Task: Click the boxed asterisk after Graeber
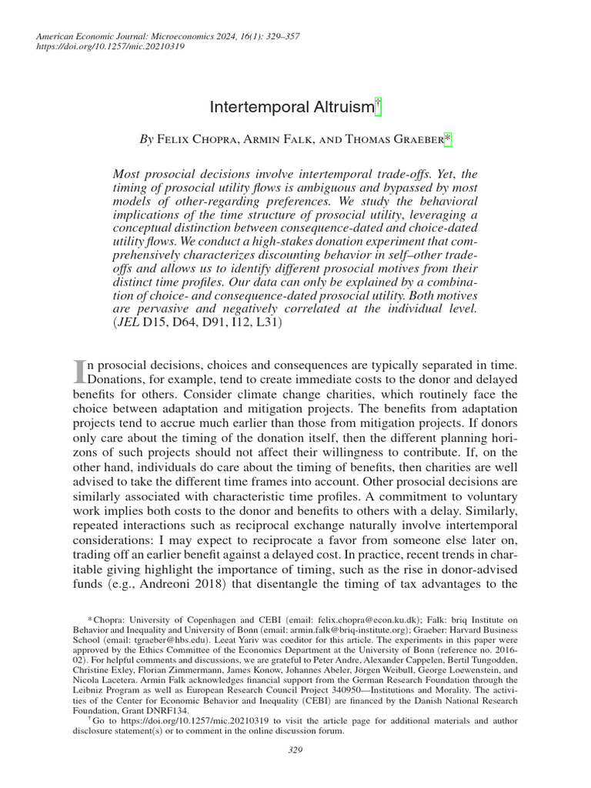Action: [449, 139]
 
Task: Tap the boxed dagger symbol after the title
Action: [378, 105]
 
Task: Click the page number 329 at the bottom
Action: [295, 750]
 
